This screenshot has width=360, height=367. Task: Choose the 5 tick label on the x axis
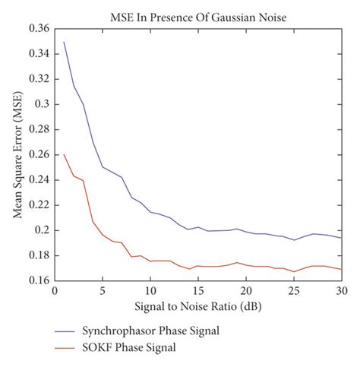point(103,290)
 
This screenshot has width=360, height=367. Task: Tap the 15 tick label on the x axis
point(198,290)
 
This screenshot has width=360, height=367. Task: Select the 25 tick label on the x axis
point(294,290)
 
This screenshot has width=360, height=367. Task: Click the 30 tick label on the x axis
point(341,290)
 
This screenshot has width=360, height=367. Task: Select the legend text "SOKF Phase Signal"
point(139,350)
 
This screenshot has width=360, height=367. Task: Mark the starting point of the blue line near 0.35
point(65,42)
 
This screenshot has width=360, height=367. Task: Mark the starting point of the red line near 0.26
point(65,154)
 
